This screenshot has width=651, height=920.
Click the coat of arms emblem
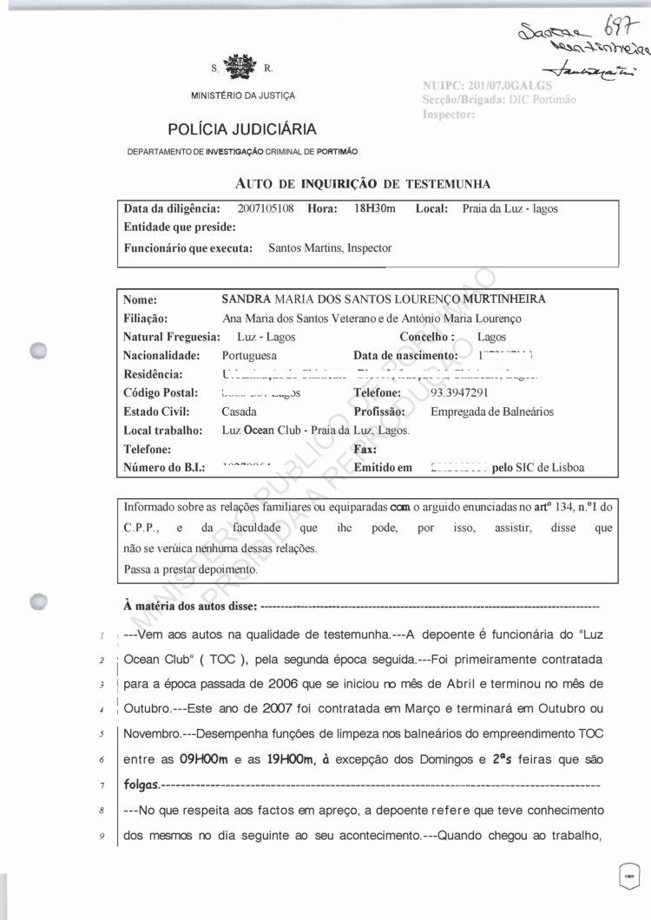coord(241,68)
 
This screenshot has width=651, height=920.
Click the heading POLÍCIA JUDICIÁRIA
coord(242,130)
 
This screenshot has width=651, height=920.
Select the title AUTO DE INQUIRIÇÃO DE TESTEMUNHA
coord(363,184)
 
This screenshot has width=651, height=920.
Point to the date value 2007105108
coord(266,209)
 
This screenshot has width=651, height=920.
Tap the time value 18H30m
coord(374,209)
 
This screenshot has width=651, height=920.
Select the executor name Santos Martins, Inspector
coord(330,248)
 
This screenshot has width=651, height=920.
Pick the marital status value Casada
coord(240,411)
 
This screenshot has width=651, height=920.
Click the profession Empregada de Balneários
coord(492,411)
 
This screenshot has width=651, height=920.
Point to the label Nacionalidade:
coord(161,356)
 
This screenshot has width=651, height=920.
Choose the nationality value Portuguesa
coord(250,356)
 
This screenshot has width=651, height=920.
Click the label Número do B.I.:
coord(165,468)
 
